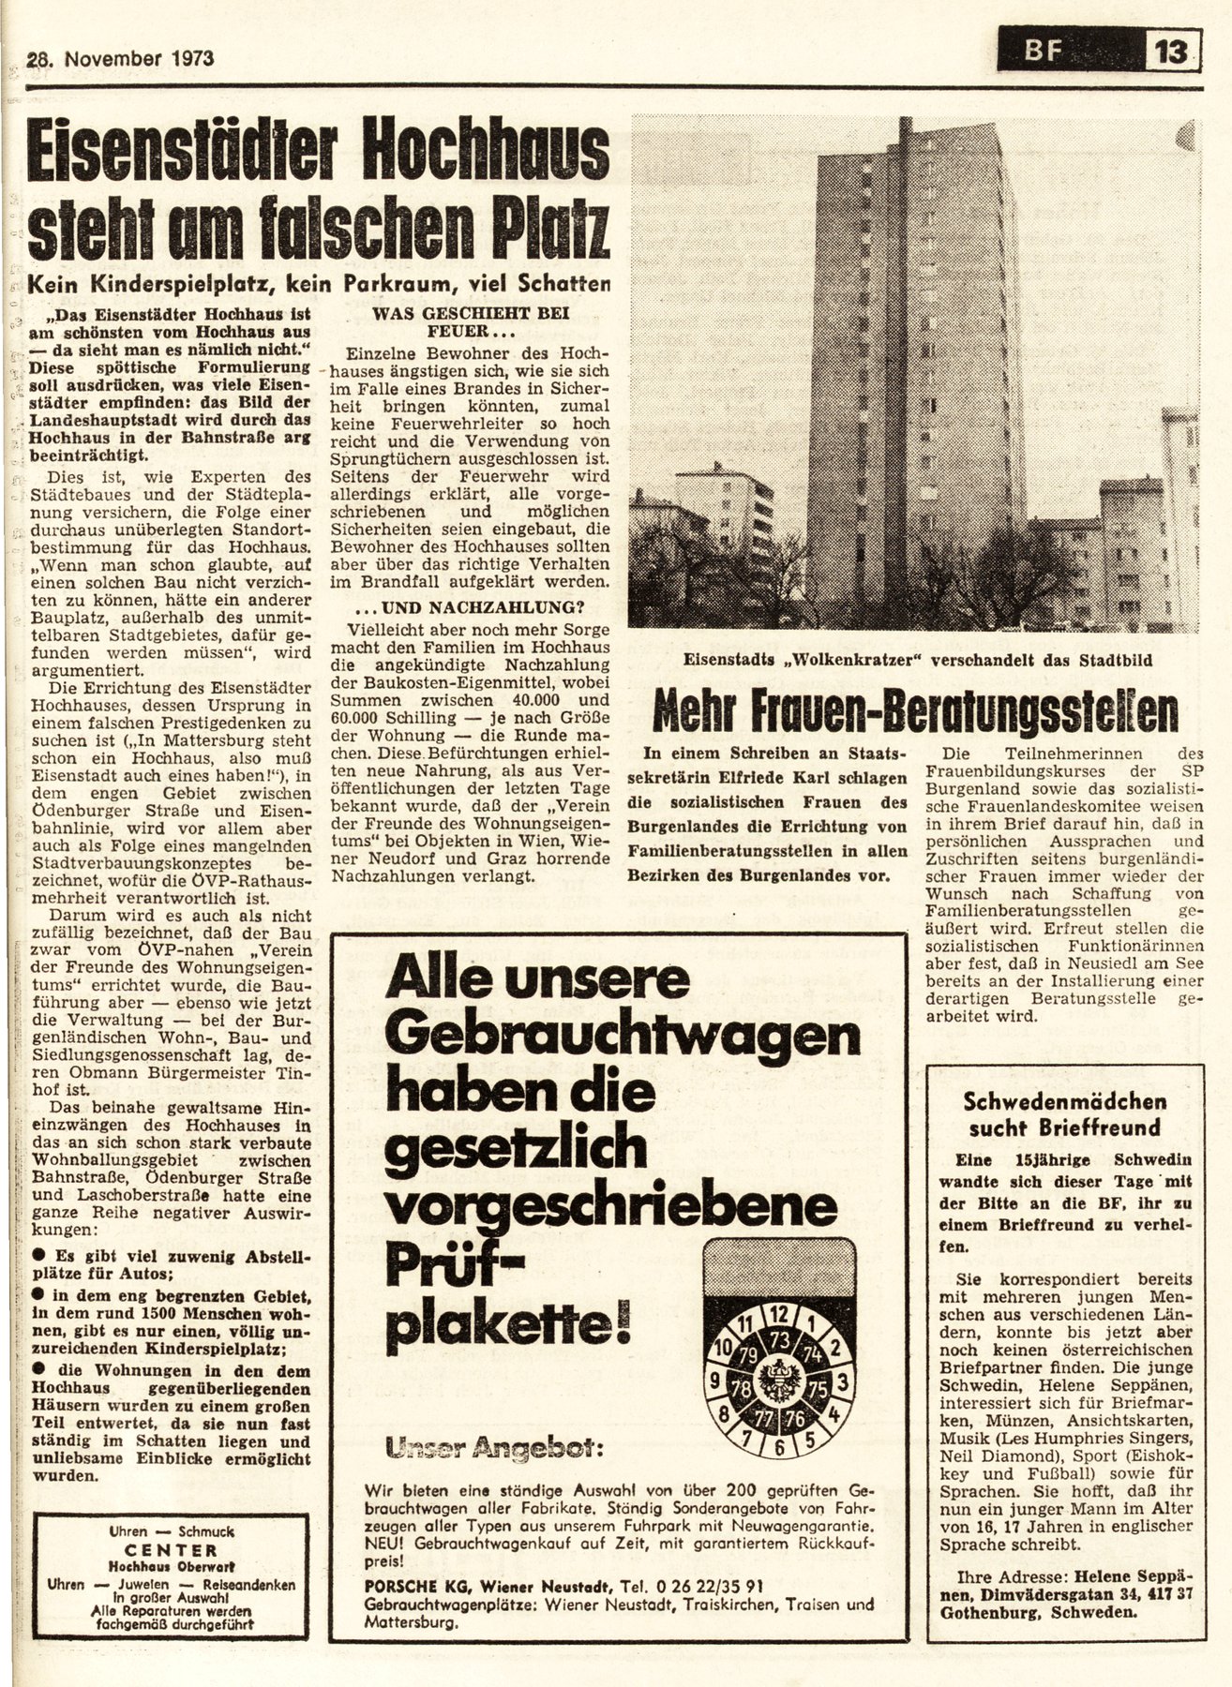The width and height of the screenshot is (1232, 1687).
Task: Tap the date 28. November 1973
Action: [121, 58]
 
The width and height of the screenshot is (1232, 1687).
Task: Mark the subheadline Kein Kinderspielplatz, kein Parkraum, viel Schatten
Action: [319, 280]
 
